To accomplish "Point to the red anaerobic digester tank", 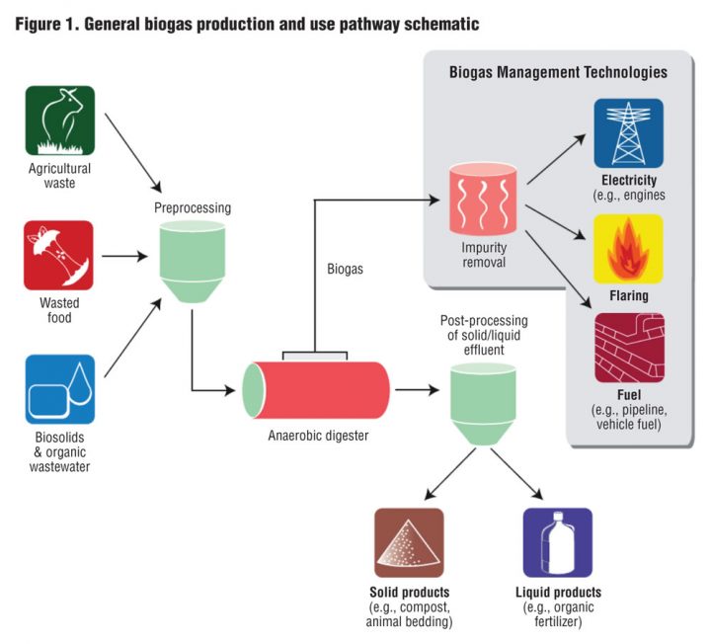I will coord(316,388).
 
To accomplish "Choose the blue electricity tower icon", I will coord(629,132).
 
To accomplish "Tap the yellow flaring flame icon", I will coord(629,249).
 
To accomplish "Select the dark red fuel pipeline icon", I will coord(629,349).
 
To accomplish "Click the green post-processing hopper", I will coord(483,404).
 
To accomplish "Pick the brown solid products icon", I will coord(409,542).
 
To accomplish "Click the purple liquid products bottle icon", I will coord(557,542).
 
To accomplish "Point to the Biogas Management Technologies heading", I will coord(558,72).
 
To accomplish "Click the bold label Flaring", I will coord(629,295).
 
